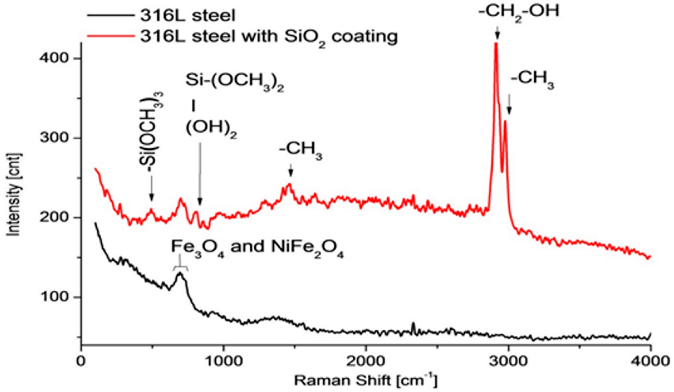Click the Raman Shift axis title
[x=366, y=380]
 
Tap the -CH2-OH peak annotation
[x=519, y=12]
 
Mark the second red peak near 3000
[x=505, y=122]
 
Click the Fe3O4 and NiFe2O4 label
[x=257, y=248]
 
